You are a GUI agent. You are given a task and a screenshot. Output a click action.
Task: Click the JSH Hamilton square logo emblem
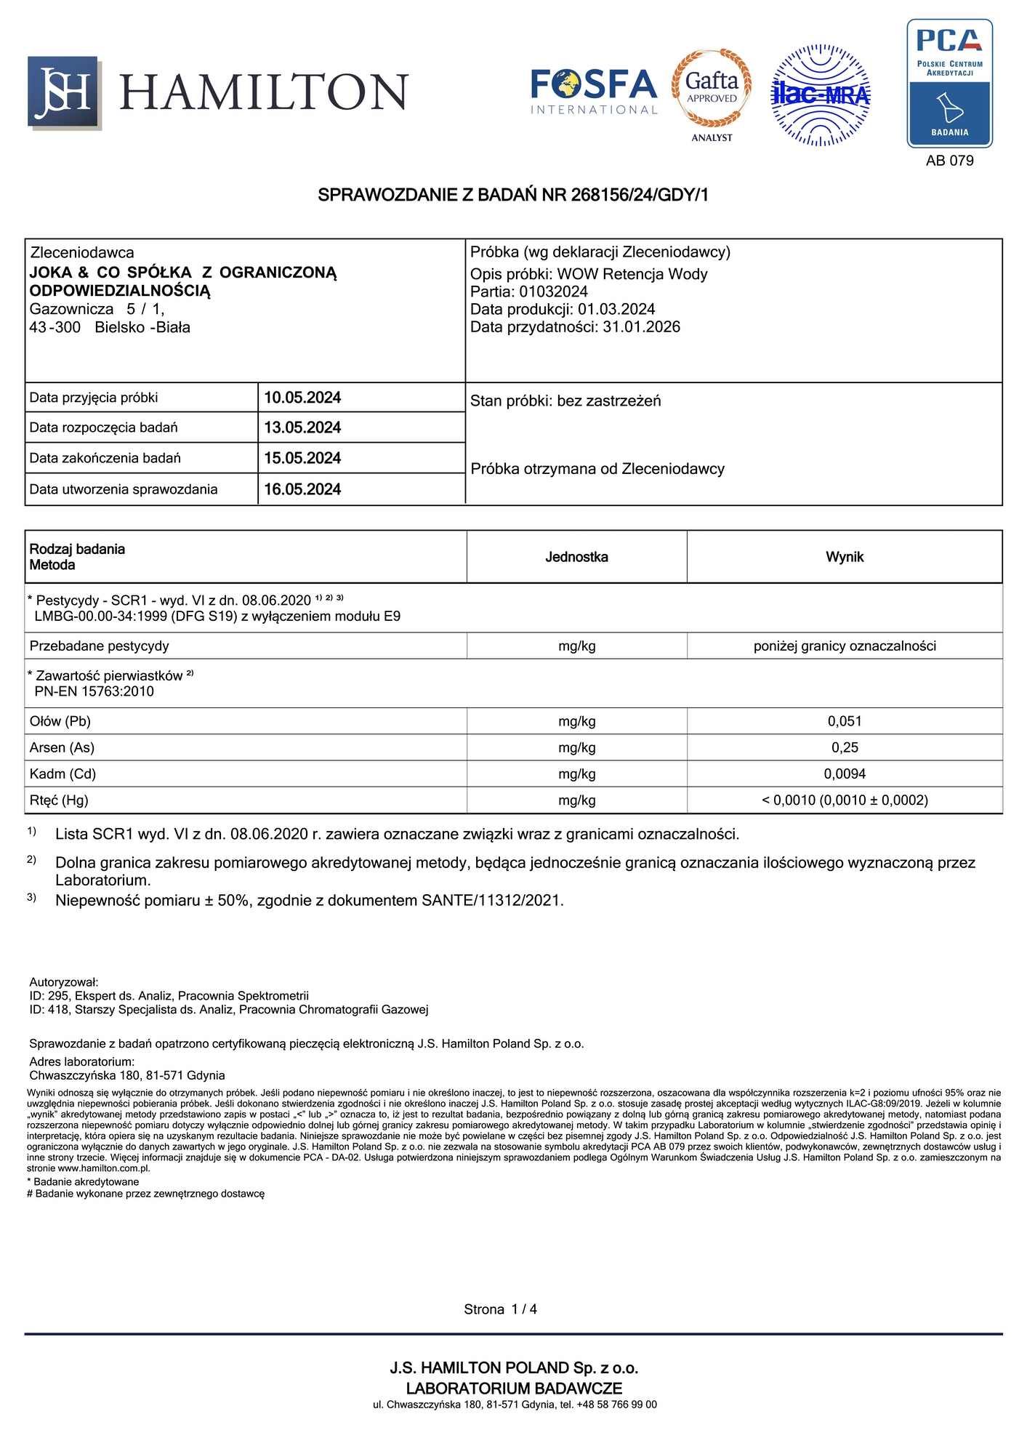[63, 92]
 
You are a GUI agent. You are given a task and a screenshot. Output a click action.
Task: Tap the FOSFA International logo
[594, 91]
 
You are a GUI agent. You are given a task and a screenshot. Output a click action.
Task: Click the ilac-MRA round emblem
[821, 95]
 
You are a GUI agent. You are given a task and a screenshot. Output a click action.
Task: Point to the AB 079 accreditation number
[949, 161]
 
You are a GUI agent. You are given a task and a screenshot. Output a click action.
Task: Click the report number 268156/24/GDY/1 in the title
[640, 195]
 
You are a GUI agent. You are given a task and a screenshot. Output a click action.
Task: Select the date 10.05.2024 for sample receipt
[302, 398]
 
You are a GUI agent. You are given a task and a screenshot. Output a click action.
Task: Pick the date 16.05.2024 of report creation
[302, 489]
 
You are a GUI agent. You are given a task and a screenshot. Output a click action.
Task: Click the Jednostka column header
[576, 557]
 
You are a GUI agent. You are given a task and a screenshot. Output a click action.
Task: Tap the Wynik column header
[845, 557]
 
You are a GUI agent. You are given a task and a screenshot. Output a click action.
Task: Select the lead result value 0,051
[845, 721]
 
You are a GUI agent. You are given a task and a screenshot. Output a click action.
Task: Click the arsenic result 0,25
[845, 747]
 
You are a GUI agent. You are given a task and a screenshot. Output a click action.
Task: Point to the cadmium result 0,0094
[845, 774]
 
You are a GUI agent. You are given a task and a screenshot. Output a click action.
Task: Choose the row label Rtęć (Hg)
[59, 800]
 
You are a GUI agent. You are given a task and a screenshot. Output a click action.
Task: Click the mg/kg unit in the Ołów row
[576, 721]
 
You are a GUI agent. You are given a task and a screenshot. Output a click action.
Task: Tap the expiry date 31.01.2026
[641, 327]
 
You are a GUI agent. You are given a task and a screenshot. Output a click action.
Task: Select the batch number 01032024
[553, 292]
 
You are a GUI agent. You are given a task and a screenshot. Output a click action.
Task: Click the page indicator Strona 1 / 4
[500, 1309]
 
